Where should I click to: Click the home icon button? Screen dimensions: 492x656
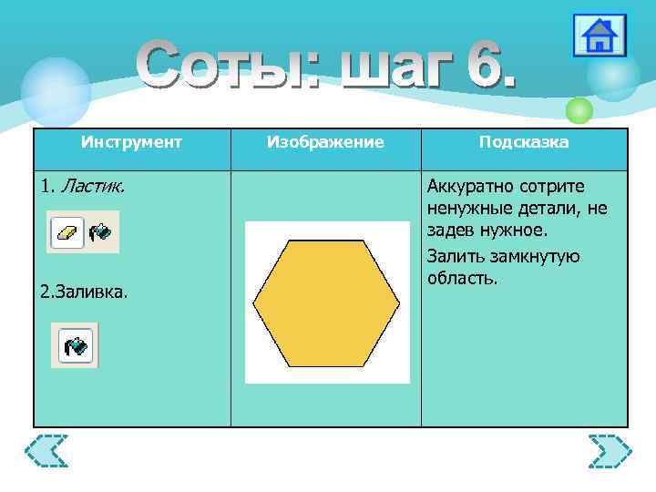600,36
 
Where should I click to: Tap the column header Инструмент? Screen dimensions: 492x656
131,143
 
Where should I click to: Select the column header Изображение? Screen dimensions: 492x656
325,143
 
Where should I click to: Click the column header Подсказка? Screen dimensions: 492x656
524,143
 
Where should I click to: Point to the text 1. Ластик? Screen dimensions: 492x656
83,187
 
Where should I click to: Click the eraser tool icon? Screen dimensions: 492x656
67,232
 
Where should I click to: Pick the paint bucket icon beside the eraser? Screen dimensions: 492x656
99,232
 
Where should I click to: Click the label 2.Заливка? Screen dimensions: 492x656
85,292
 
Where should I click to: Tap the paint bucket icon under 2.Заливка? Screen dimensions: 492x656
75,345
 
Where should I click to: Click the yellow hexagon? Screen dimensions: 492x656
326,302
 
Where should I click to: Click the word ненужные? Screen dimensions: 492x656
466,210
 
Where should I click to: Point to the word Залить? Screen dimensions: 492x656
453,255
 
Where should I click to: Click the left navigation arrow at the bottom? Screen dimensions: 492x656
46,452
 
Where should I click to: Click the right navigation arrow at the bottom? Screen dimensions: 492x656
610,452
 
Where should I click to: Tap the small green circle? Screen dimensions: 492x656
579,110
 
